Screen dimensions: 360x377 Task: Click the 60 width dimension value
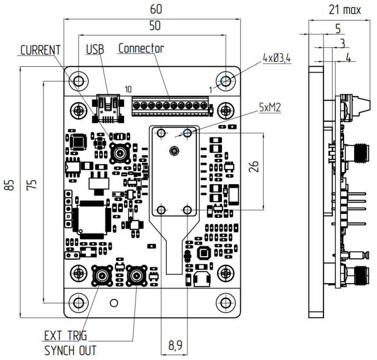tap(156, 10)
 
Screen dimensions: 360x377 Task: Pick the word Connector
tap(141, 49)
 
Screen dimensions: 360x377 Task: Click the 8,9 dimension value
tap(175, 346)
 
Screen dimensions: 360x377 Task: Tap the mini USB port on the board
tap(108, 105)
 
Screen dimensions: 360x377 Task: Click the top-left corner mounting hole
tap(78, 81)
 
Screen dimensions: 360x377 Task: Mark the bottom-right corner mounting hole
tap(226, 303)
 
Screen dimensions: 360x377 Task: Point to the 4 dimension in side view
tap(348, 58)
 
